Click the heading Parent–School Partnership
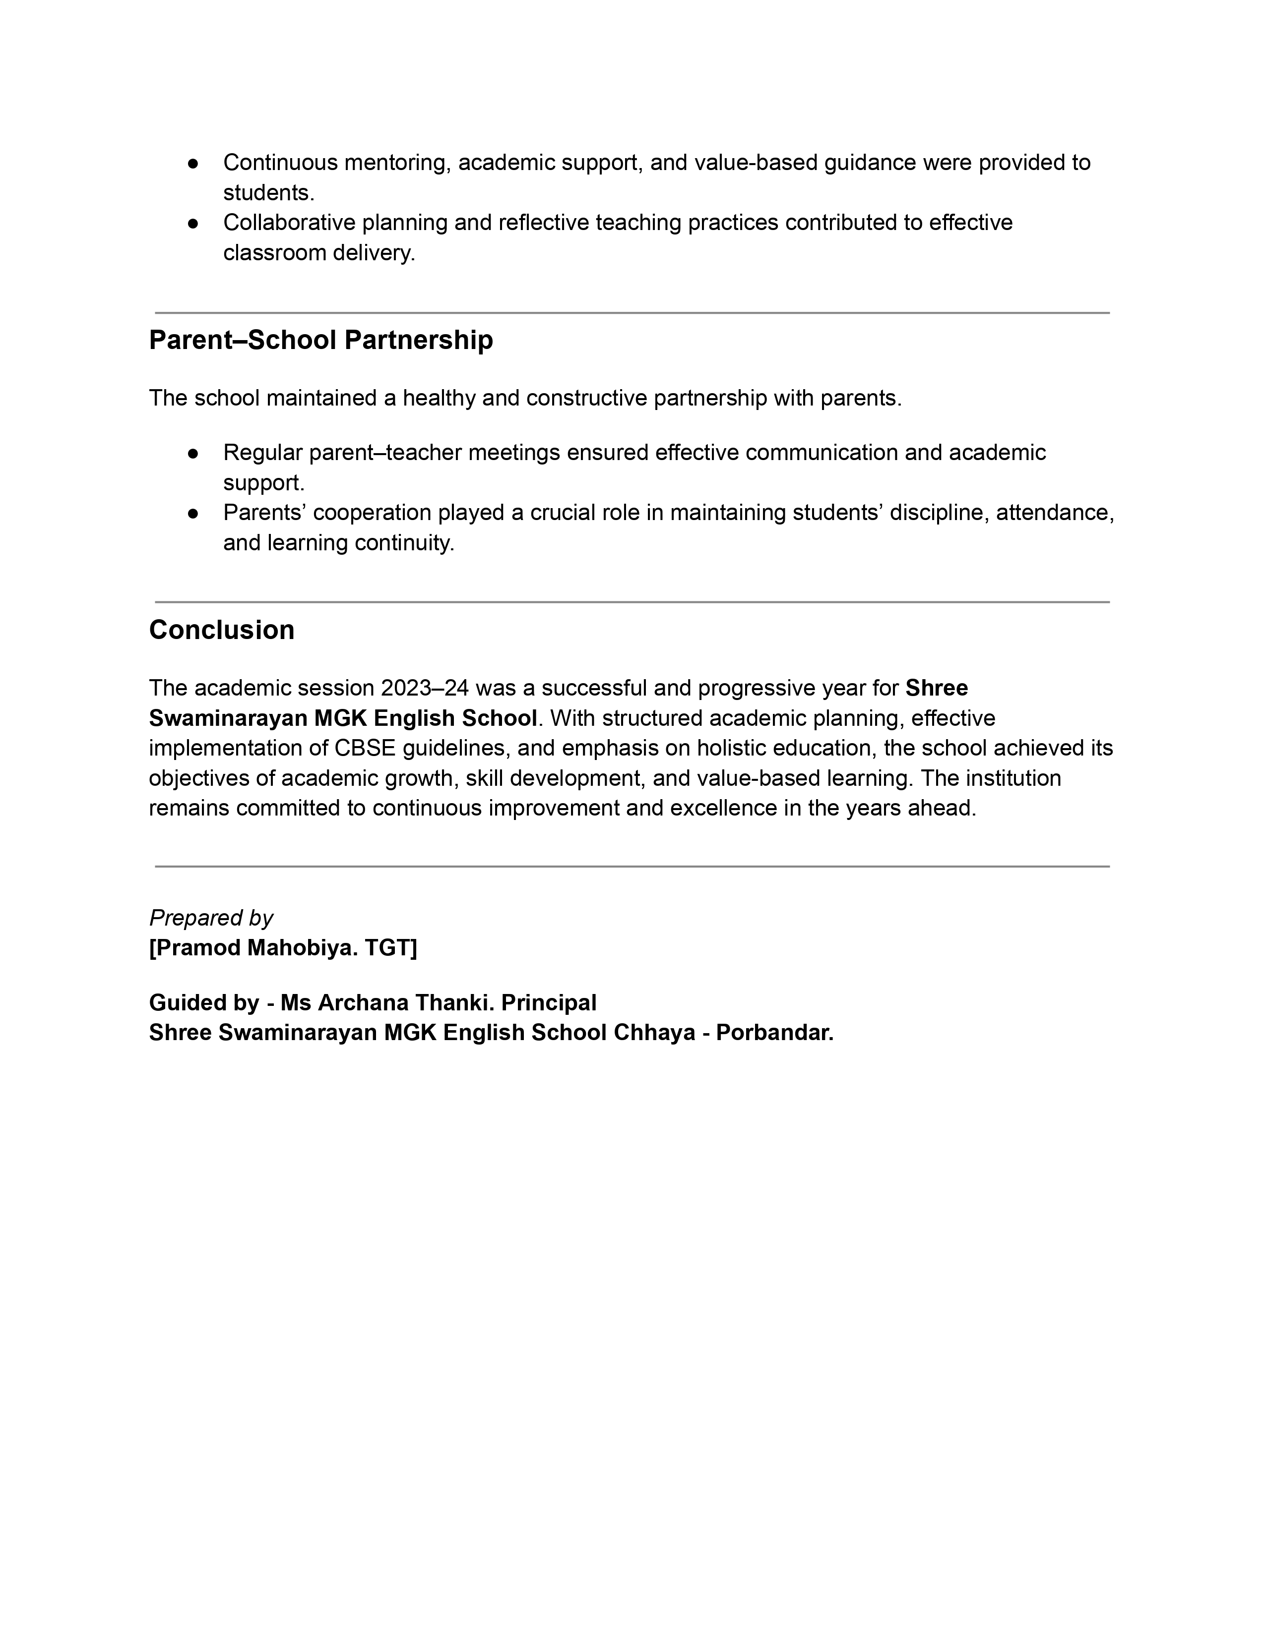point(321,340)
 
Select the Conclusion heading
point(222,630)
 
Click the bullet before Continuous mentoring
point(192,163)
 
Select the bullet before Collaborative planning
point(192,223)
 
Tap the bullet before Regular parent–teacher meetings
point(192,453)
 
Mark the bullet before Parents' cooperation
point(192,513)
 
